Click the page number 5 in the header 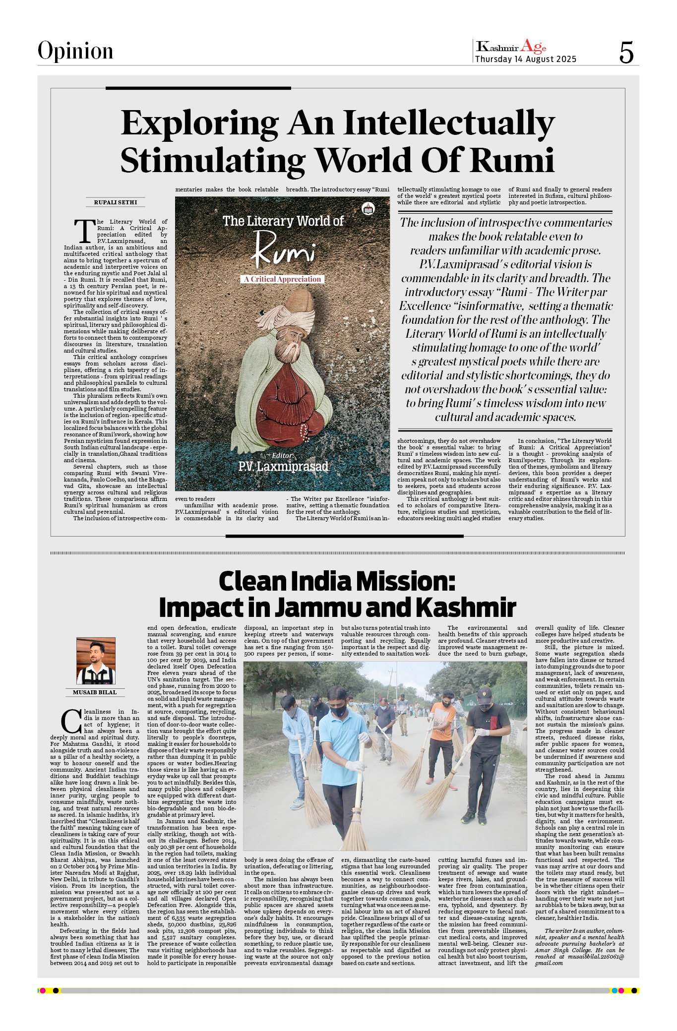pyautogui.click(x=626, y=52)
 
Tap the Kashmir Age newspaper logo pyautogui.click(x=511, y=47)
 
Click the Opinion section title pyautogui.click(x=75, y=51)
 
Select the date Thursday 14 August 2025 pyautogui.click(x=526, y=60)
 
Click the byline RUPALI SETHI pyautogui.click(x=116, y=202)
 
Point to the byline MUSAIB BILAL pyautogui.click(x=95, y=692)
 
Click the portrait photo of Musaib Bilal pyautogui.click(x=96, y=661)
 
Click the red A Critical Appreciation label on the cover pyautogui.click(x=282, y=279)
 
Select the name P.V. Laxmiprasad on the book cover pyautogui.click(x=283, y=467)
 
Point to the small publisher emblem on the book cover pyautogui.click(x=368, y=209)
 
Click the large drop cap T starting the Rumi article pyautogui.click(x=85, y=231)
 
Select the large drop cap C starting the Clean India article pyautogui.click(x=71, y=722)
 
